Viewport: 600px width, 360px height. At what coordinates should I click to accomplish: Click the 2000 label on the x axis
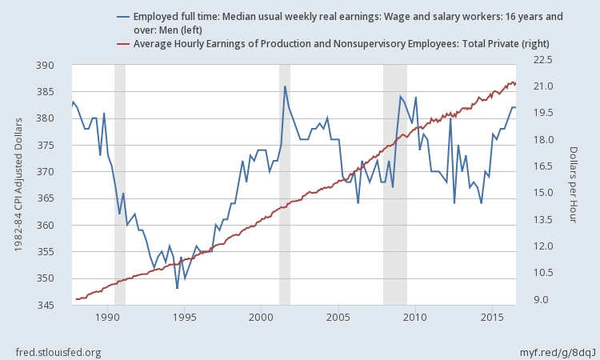pos(261,318)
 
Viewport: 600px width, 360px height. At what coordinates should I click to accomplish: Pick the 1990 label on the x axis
pos(107,318)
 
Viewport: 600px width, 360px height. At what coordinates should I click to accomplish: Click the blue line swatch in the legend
pos(123,16)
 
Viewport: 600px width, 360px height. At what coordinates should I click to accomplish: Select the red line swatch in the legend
pos(123,43)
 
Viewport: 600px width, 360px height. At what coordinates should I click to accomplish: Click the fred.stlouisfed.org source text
pos(58,352)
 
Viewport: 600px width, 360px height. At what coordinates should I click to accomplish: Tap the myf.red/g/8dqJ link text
pos(553,352)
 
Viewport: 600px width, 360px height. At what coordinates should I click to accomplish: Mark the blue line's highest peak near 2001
pos(285,86)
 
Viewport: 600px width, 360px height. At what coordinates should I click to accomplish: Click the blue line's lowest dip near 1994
pos(177,288)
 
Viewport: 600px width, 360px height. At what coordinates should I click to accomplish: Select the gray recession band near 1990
pos(120,184)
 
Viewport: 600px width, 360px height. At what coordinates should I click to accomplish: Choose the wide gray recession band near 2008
pos(395,184)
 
